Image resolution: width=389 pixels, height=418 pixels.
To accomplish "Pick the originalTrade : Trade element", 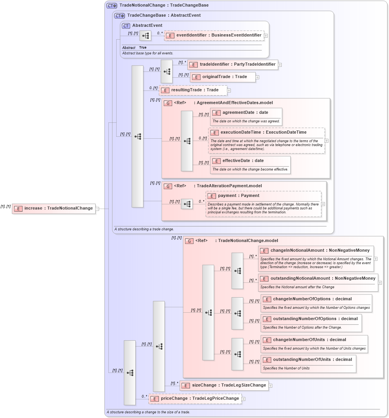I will coord(223,77).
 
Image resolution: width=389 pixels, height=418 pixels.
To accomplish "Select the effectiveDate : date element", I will coord(242,161).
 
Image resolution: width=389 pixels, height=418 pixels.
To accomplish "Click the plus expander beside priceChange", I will coord(244,399).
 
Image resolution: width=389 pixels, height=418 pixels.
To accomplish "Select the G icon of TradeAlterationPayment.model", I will coord(168,186).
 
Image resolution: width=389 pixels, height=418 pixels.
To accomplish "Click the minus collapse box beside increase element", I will coord(97,209).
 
